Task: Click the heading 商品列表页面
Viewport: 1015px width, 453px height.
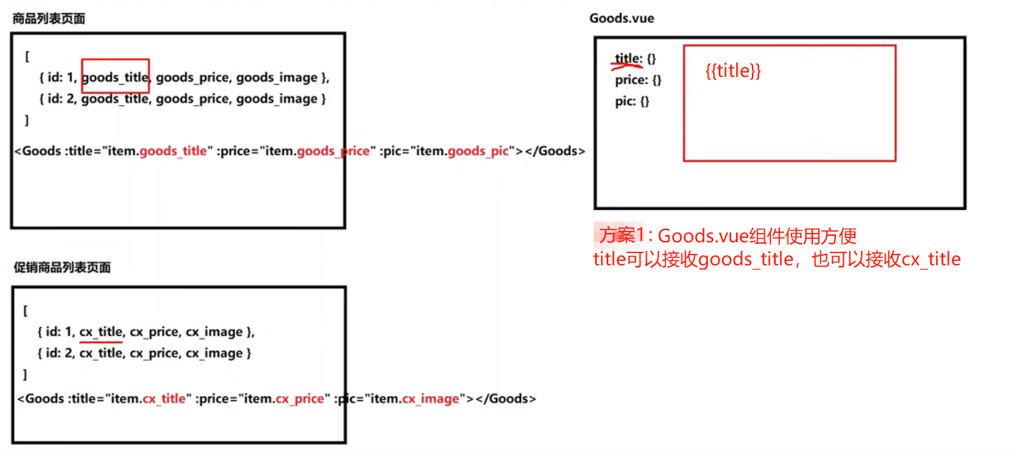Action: tap(49, 19)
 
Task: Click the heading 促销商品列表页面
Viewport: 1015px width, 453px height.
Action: tap(63, 267)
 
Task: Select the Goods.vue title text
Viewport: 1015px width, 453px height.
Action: tap(622, 18)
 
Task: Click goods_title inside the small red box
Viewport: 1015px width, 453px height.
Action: tap(115, 77)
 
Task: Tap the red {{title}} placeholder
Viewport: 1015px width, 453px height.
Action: tap(732, 71)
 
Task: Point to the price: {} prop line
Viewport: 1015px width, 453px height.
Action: tap(638, 80)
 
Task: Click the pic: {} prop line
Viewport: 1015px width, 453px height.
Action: tap(632, 101)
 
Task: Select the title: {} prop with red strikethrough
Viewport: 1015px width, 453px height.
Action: tap(635, 58)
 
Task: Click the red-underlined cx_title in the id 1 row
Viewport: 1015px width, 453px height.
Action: tap(101, 332)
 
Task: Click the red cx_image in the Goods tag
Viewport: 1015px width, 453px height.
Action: tap(430, 398)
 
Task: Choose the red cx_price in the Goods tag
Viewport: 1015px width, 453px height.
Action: tap(300, 398)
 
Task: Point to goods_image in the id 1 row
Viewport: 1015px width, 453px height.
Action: tap(277, 77)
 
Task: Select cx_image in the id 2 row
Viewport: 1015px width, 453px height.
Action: tap(214, 353)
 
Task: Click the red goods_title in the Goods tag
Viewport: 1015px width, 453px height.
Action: tap(173, 151)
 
